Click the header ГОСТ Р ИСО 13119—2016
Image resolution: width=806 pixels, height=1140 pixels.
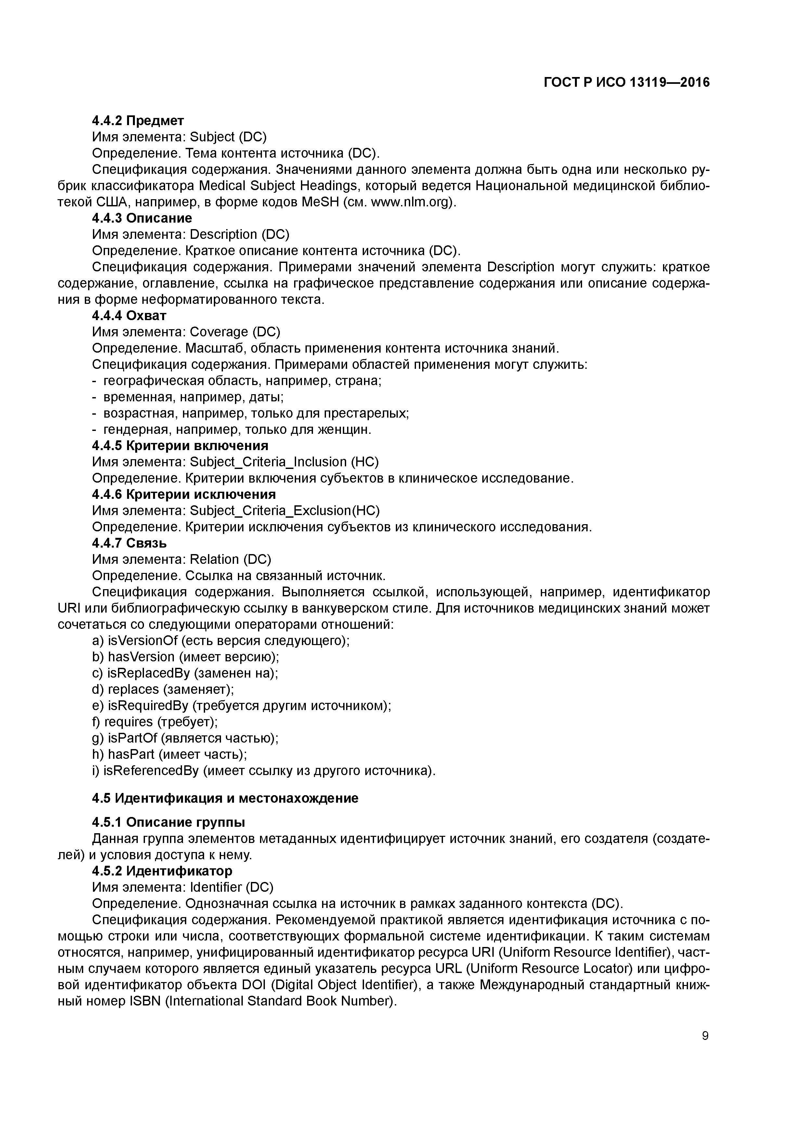(627, 83)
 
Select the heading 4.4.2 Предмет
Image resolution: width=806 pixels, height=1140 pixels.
(138, 121)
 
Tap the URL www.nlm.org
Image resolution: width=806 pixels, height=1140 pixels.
(412, 202)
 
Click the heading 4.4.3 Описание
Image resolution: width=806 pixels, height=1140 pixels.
(142, 218)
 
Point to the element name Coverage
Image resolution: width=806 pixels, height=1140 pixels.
(218, 332)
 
